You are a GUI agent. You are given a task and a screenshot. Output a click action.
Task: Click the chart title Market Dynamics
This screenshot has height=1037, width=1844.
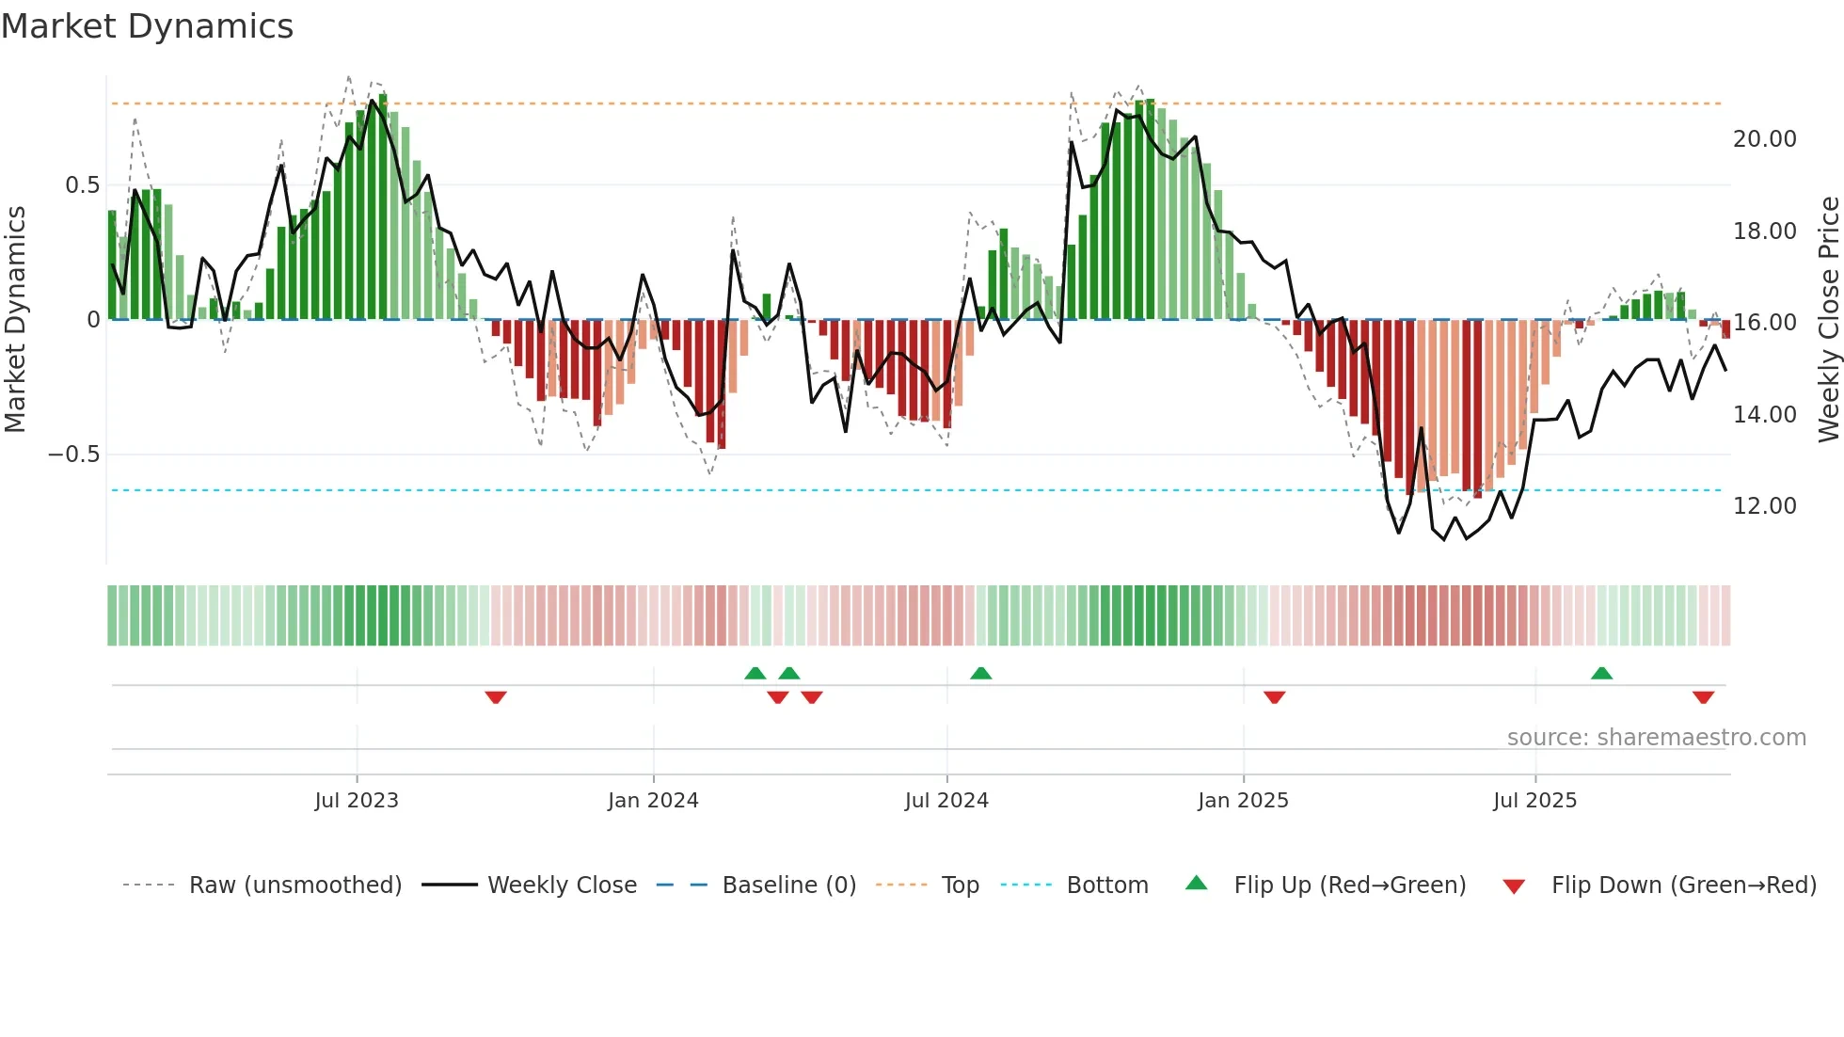(147, 26)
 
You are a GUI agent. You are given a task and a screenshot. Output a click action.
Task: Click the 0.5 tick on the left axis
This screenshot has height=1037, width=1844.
(82, 185)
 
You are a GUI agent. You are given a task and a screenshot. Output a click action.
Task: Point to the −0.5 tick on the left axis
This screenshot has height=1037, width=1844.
(73, 455)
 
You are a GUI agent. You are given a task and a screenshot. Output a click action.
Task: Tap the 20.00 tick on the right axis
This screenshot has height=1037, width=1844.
(1764, 139)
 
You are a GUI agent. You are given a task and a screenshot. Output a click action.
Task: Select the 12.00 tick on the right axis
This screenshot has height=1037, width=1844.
(1764, 506)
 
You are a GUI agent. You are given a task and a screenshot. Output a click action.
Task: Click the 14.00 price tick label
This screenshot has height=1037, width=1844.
(1764, 415)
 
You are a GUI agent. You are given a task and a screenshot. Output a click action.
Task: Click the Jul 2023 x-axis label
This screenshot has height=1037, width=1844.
(357, 801)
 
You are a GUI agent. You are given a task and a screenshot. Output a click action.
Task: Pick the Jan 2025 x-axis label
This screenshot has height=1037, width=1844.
(1243, 801)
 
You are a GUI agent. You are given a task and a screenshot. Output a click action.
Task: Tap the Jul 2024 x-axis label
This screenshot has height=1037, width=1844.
(946, 801)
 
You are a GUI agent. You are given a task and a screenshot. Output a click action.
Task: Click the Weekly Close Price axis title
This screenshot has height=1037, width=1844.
(1828, 320)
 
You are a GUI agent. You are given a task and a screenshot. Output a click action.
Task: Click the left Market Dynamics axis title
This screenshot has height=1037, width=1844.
(15, 320)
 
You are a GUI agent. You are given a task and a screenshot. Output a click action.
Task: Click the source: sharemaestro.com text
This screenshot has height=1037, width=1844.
(1656, 738)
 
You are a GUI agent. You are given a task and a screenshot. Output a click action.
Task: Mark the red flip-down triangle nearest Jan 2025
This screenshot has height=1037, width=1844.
(1275, 697)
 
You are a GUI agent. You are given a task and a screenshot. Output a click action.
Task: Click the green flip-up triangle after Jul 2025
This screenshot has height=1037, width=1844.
(1601, 673)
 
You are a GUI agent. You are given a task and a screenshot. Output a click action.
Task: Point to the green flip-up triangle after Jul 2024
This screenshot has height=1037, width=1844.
(980, 673)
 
